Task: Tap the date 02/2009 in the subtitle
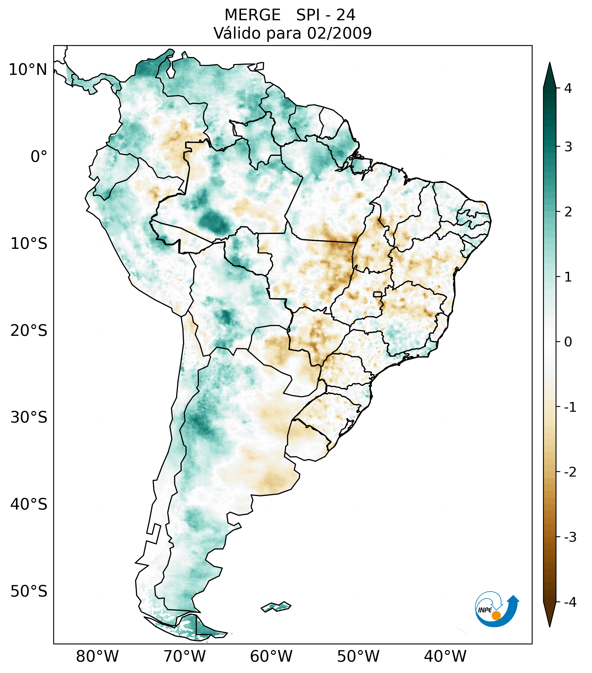pos(339,33)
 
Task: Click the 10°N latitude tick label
pos(28,70)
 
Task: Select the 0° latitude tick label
pos(39,156)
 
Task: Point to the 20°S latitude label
pos(29,331)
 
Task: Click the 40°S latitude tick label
pos(29,504)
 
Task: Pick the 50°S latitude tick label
pos(29,591)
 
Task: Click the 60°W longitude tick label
pos(271,656)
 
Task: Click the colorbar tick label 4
pos(568,88)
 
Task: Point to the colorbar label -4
pos(570,602)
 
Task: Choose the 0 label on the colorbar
pos(568,342)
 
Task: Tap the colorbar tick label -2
pos(570,472)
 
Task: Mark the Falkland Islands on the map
pos(276,606)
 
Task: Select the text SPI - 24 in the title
pos(326,15)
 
